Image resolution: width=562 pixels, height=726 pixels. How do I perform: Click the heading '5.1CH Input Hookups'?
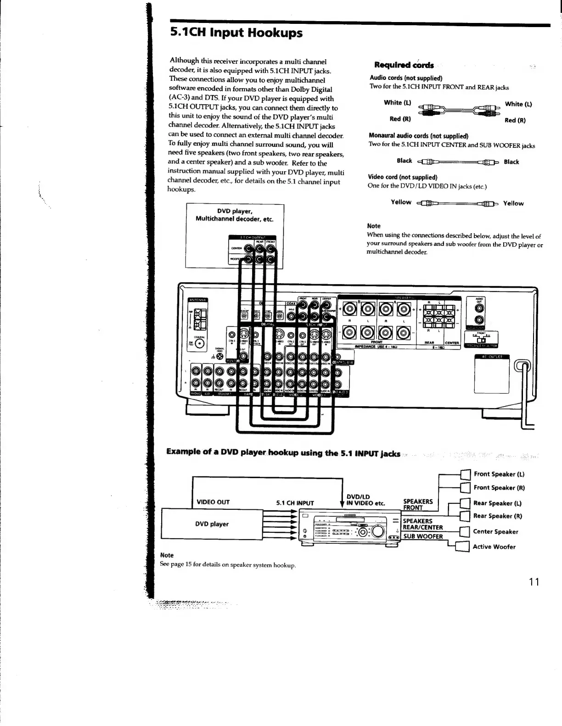(x=236, y=33)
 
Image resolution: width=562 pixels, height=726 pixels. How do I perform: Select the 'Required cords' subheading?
(x=404, y=65)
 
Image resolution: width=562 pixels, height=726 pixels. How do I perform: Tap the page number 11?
(x=533, y=582)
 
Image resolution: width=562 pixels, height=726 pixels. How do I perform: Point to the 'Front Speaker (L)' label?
(x=499, y=474)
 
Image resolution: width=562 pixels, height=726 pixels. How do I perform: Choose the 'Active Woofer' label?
(x=494, y=547)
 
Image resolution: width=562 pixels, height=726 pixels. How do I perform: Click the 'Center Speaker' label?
(x=495, y=531)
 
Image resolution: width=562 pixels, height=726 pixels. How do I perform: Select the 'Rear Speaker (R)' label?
(x=498, y=516)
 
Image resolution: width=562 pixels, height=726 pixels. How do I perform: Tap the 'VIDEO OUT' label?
(x=213, y=502)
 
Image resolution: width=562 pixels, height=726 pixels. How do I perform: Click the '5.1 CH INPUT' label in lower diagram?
(x=295, y=503)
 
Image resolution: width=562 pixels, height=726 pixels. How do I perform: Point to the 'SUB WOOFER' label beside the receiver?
(x=423, y=536)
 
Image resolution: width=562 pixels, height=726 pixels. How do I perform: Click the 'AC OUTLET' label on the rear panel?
(x=492, y=356)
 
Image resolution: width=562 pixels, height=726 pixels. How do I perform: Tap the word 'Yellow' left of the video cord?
(x=401, y=202)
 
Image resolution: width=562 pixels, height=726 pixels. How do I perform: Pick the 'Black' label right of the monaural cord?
(x=511, y=162)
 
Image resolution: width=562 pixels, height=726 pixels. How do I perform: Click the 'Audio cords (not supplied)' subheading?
(x=406, y=78)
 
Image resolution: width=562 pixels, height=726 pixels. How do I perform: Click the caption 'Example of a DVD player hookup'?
(x=283, y=452)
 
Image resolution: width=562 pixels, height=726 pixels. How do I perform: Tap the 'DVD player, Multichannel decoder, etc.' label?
(x=234, y=215)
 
